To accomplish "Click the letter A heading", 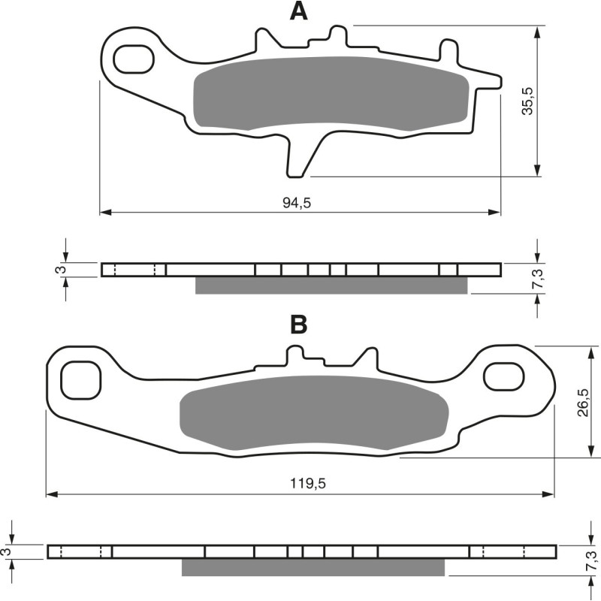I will coord(299,12).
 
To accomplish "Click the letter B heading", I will coord(299,325).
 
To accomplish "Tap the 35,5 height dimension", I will coord(527,101).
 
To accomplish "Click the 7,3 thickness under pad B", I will coord(590,560).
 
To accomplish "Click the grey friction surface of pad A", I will coord(331,94).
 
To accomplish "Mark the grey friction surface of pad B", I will coord(314,413).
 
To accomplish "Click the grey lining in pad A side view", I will coord(331,285).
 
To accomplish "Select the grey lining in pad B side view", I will coord(314,567).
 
